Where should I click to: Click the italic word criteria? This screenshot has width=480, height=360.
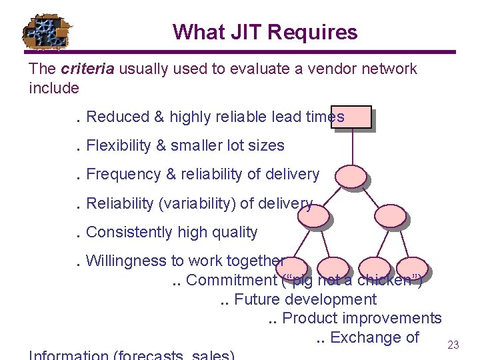point(85,69)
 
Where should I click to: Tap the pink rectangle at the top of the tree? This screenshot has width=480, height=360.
point(351,117)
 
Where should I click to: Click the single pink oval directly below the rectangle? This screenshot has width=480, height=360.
point(350,176)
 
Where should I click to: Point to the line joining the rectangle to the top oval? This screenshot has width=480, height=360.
point(351,147)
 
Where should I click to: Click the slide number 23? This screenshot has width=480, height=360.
point(453,345)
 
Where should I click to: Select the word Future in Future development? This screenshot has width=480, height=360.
point(254,299)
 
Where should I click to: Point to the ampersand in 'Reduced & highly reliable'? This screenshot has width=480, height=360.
point(159,117)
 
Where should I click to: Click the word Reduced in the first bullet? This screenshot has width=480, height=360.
point(117,117)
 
